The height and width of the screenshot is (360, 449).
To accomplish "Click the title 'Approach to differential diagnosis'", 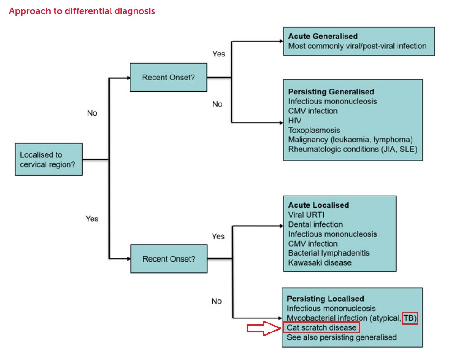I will (x=82, y=11).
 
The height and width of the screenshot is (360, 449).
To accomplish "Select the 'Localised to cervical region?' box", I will (x=49, y=159).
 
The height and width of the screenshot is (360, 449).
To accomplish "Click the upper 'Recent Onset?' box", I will (x=168, y=77).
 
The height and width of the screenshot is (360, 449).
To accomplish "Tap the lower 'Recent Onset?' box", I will (x=169, y=259).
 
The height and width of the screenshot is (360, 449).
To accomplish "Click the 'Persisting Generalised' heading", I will (x=331, y=92).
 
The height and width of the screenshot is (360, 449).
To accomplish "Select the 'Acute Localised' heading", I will (x=319, y=205).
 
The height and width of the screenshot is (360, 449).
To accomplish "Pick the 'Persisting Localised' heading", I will (x=325, y=299).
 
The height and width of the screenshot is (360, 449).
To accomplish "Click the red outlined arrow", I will (x=264, y=328).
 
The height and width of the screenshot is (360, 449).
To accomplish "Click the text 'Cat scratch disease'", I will (x=321, y=327).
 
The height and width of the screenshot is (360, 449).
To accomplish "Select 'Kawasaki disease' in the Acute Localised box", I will (x=319, y=262).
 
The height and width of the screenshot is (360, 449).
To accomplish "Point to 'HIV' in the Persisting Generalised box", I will (x=295, y=121).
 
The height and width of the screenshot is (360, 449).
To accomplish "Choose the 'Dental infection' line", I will (x=315, y=224).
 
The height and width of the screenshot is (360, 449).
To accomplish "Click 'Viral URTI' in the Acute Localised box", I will (x=306, y=215).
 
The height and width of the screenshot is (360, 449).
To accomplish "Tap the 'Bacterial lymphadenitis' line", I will (x=328, y=253).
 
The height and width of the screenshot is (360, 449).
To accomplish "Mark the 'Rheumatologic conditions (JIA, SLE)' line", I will (x=352, y=149).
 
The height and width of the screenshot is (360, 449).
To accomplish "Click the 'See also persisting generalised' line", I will (x=342, y=337).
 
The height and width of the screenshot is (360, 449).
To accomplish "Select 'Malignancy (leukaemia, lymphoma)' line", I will (x=351, y=140).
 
